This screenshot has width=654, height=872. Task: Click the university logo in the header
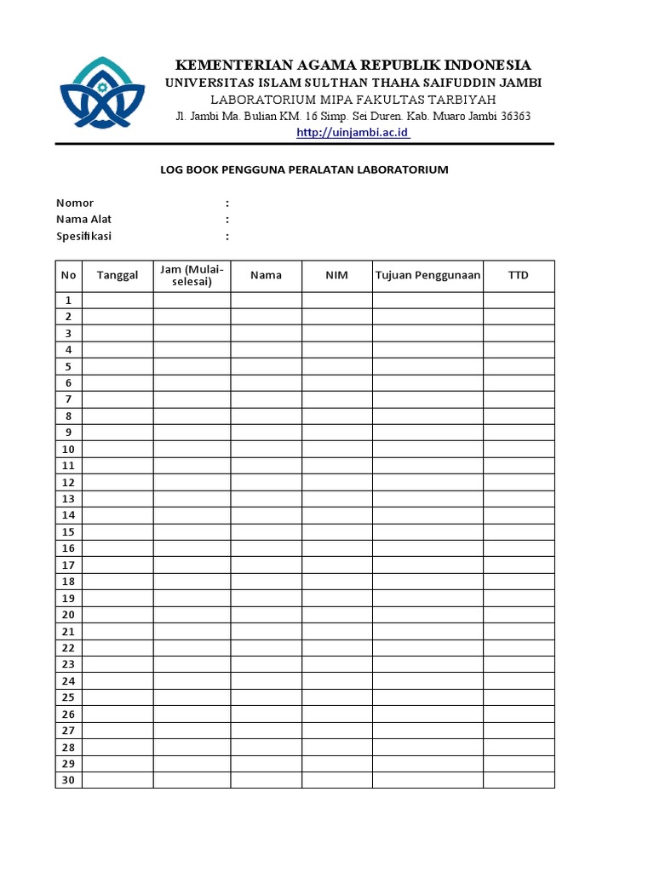point(95,95)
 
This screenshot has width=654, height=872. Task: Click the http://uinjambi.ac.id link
point(353,133)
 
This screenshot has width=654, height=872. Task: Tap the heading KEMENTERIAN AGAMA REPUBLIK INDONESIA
point(353,65)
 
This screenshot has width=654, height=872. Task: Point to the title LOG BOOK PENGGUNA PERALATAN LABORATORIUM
point(304,169)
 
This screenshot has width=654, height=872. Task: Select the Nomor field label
point(75,203)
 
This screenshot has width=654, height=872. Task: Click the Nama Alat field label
point(83,220)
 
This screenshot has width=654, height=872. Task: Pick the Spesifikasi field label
point(83,236)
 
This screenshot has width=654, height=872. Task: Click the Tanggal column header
point(118,276)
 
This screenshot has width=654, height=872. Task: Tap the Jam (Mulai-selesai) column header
point(192,276)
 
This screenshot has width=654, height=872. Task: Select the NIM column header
point(336,276)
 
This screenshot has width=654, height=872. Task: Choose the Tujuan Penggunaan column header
point(427,276)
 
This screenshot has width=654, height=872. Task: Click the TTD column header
point(518,276)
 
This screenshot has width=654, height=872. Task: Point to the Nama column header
point(266,276)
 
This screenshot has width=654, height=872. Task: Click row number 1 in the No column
point(68,301)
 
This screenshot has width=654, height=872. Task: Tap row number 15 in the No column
point(68,532)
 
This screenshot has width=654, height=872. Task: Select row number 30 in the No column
point(68,780)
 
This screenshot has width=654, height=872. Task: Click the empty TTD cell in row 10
point(518,450)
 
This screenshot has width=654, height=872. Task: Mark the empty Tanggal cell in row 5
point(118,367)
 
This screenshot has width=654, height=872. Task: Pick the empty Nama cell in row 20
point(266,615)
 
